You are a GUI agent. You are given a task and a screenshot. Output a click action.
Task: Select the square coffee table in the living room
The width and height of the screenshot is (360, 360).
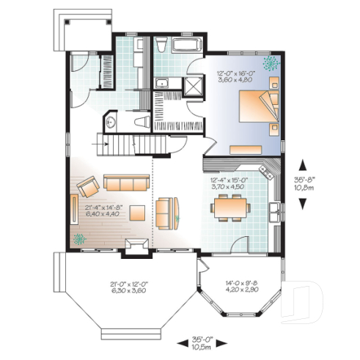tap(137, 213)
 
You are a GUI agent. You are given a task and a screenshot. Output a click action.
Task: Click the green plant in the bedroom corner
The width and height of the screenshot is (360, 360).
tap(272, 64)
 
